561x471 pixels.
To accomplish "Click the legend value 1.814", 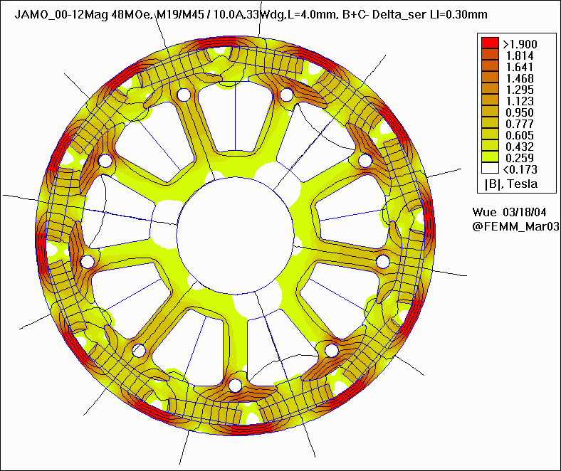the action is [520, 55].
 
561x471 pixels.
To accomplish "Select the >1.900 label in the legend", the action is [520, 44].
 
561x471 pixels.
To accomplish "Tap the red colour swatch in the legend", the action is [490, 43].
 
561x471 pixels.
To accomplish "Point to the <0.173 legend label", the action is [520, 169].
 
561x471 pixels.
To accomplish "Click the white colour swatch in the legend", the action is [490, 168].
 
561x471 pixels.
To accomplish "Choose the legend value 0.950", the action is [520, 112].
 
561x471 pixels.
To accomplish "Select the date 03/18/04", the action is [525, 213].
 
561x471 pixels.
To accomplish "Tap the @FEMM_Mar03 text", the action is [515, 226].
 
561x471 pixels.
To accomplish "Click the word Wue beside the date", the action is [484, 213].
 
